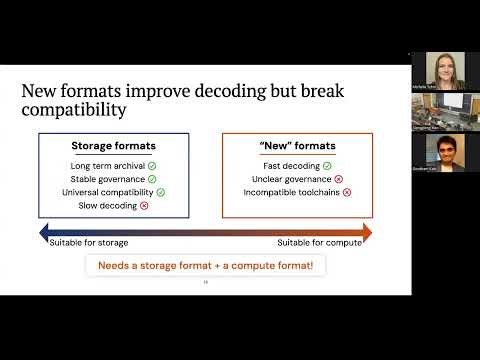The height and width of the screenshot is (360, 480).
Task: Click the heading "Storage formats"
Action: click(112, 146)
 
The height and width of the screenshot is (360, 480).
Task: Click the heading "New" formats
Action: click(297, 146)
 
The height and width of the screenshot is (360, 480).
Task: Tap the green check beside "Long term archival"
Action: click(153, 165)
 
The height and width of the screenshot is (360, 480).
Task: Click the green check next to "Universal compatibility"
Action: click(160, 191)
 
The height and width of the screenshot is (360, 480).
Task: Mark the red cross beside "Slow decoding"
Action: click(145, 205)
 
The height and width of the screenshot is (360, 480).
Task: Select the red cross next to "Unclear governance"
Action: click(338, 178)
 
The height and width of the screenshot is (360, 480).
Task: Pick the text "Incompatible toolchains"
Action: click(291, 191)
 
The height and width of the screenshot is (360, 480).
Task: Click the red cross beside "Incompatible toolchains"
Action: click(347, 191)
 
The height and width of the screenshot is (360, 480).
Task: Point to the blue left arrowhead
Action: click(43, 233)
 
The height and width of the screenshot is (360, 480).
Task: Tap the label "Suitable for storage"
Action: click(88, 243)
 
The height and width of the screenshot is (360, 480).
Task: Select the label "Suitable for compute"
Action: click(318, 243)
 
